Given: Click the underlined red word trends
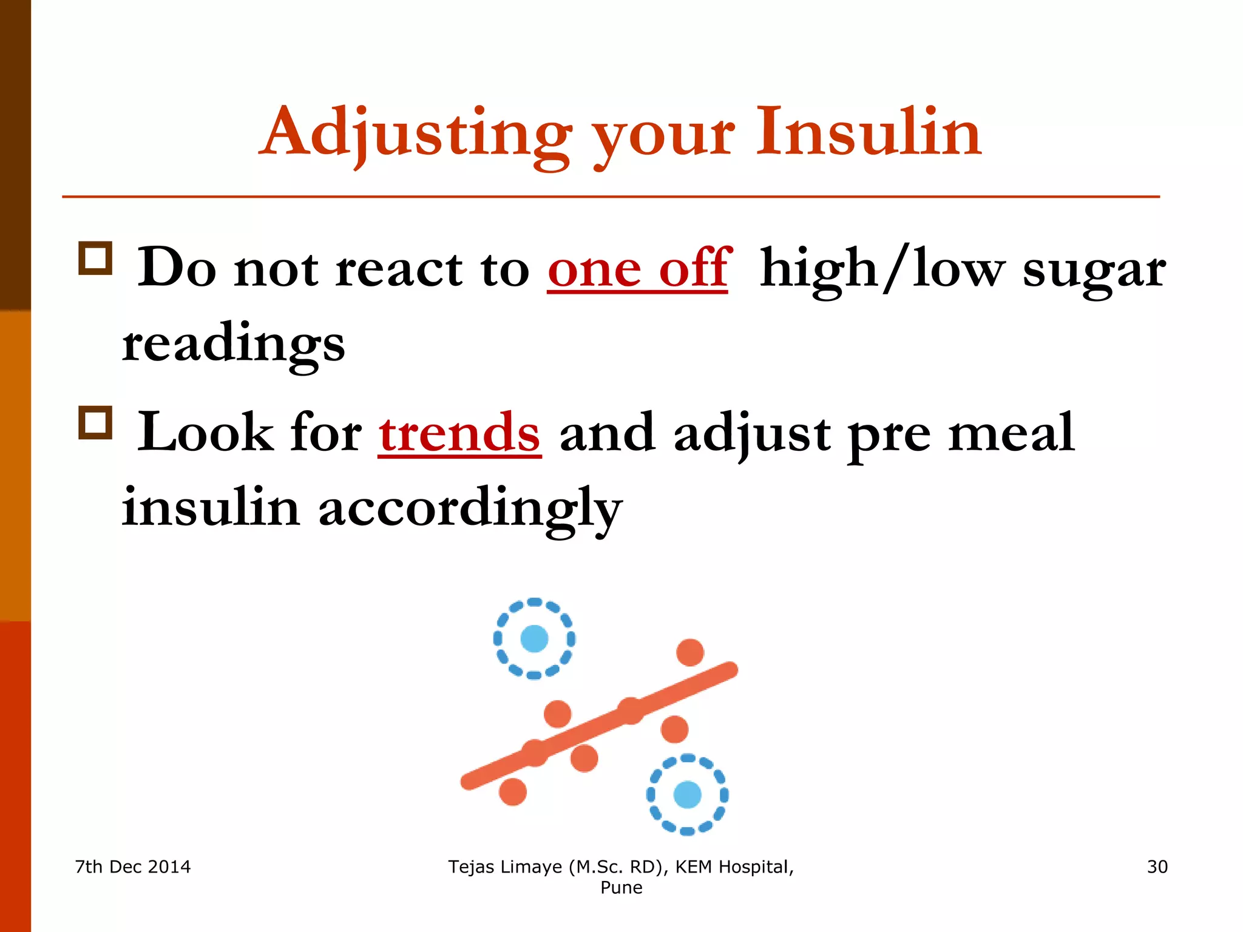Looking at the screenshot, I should coord(459,433).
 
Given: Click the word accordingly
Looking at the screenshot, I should coord(470,508).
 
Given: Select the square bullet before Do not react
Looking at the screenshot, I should coord(95,258).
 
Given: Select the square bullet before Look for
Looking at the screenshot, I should coord(95,423).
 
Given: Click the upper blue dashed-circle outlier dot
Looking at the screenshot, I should coord(534,638).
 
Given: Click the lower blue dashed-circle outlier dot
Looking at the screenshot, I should coord(687,795).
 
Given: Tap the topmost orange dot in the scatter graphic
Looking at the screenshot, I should coord(690,653).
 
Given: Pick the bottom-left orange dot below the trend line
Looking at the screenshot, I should coord(513,792).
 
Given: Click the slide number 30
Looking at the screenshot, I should coord(1157,867).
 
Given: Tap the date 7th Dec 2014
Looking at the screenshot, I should coord(133,867).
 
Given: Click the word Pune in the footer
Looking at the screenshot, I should coord(621,888).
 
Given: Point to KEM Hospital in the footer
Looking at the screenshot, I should coord(734,867).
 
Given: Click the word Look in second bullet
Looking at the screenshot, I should coord(205,433).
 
